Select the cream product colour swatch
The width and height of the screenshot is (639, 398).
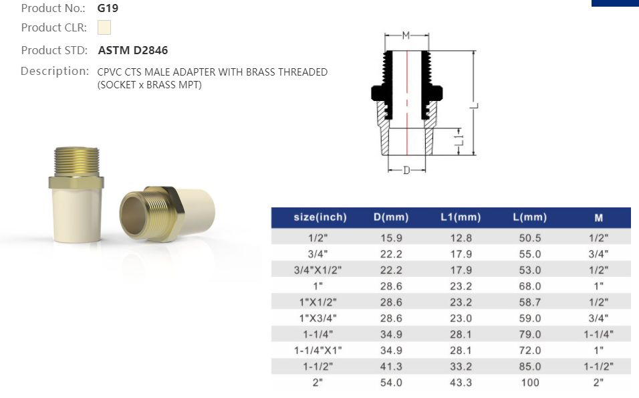104,27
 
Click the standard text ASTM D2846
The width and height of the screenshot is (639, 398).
133,50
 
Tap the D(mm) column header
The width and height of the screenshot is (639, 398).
391,217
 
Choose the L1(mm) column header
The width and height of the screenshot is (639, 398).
461,217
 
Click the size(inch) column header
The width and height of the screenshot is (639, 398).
320,217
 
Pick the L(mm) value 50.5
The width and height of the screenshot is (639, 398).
530,238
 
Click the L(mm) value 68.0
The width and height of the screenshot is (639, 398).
530,286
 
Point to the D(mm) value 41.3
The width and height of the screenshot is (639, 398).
391,367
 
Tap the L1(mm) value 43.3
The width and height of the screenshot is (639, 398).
461,383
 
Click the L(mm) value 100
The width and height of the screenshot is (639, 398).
530,383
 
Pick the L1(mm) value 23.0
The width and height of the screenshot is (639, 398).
461,318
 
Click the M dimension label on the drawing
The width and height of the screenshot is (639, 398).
406,35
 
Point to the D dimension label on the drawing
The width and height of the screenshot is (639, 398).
406,171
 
